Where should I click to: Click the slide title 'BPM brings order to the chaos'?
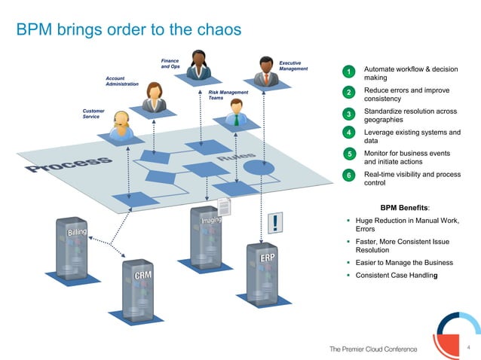129,29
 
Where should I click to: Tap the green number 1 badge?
348,72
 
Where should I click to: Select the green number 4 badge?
348,134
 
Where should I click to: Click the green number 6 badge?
348,175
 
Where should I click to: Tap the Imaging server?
210,237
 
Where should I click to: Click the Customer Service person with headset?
120,126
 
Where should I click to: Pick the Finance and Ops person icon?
198,66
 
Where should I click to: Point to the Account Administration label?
122,81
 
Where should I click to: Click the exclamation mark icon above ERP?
278,221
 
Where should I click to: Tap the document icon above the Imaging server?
224,206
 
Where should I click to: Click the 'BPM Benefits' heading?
405,207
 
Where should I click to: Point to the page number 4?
468,347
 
